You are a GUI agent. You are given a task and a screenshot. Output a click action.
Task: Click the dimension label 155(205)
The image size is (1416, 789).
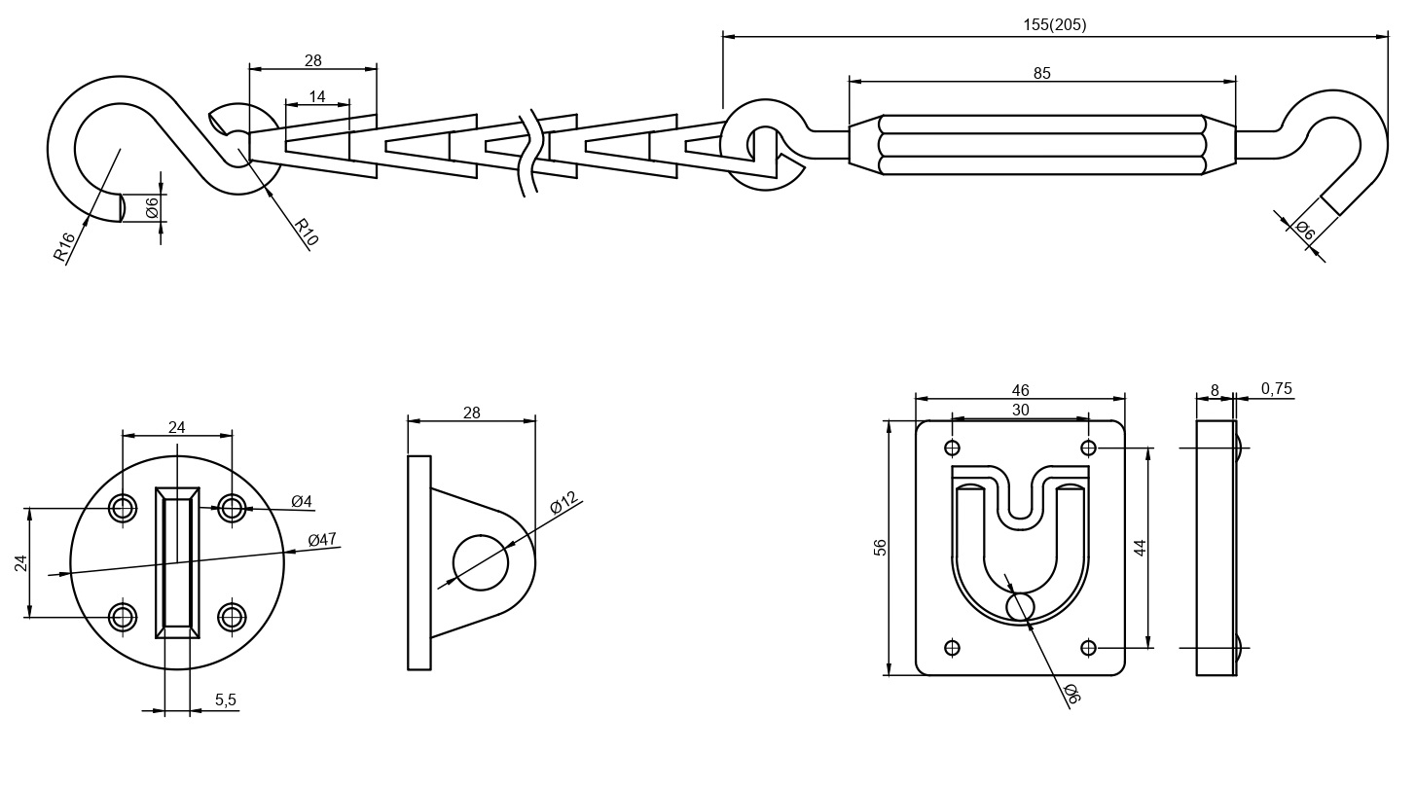pyautogui.click(x=1054, y=25)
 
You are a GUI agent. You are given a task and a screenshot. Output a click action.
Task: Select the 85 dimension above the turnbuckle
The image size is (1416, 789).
pyautogui.click(x=1041, y=73)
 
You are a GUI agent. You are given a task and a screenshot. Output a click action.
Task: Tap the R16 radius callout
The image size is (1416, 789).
pyautogui.click(x=64, y=247)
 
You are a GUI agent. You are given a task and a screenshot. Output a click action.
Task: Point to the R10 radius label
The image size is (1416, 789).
pyautogui.click(x=307, y=233)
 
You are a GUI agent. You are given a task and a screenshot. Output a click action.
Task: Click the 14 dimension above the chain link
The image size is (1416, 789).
pyautogui.click(x=317, y=96)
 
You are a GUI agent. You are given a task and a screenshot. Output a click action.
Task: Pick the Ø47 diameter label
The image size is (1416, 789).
pyautogui.click(x=322, y=539)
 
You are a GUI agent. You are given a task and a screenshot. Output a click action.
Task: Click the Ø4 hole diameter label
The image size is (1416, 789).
pyautogui.click(x=302, y=502)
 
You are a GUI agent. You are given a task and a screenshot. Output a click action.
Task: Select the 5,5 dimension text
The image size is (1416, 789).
pyautogui.click(x=226, y=699)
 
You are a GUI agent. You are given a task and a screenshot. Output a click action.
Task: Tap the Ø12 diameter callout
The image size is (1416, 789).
pyautogui.click(x=563, y=503)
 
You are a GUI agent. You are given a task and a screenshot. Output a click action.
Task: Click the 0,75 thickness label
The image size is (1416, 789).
pyautogui.click(x=1276, y=389)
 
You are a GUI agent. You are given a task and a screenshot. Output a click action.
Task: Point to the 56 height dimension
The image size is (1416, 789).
pyautogui.click(x=881, y=547)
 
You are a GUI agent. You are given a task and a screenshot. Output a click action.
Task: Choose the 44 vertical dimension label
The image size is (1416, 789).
pyautogui.click(x=1141, y=547)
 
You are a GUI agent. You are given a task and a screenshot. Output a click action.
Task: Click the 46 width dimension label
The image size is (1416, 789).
pyautogui.click(x=1020, y=391)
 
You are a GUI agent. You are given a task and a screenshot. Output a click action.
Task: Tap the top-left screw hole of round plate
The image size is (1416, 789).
pyautogui.click(x=123, y=507)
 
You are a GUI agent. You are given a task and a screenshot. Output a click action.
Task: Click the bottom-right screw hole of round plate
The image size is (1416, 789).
pyautogui.click(x=232, y=616)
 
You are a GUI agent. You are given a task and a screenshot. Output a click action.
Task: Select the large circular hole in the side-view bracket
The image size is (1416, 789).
pyautogui.click(x=481, y=562)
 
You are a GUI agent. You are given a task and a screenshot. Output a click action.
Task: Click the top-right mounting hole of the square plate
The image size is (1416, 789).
pyautogui.click(x=1088, y=448)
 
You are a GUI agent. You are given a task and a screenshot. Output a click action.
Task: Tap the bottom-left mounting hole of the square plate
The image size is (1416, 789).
pyautogui.click(x=952, y=647)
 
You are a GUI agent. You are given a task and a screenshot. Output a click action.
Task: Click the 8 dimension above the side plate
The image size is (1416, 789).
pyautogui.click(x=1215, y=391)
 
